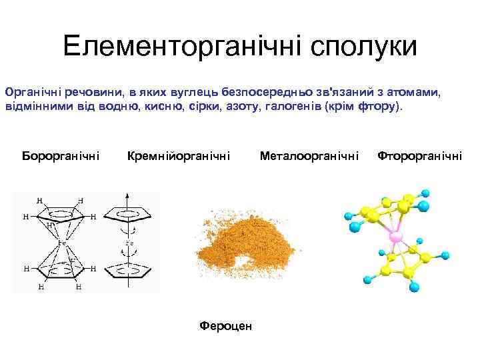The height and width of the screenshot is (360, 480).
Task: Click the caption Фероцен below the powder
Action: pos(226,326)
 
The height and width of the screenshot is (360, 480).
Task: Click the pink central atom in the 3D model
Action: pos(395,237)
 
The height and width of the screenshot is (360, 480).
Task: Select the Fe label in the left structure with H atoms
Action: pos(62,243)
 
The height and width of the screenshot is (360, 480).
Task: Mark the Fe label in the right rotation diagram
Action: pos(129,243)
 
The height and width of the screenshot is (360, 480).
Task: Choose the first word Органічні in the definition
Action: pos(31,90)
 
